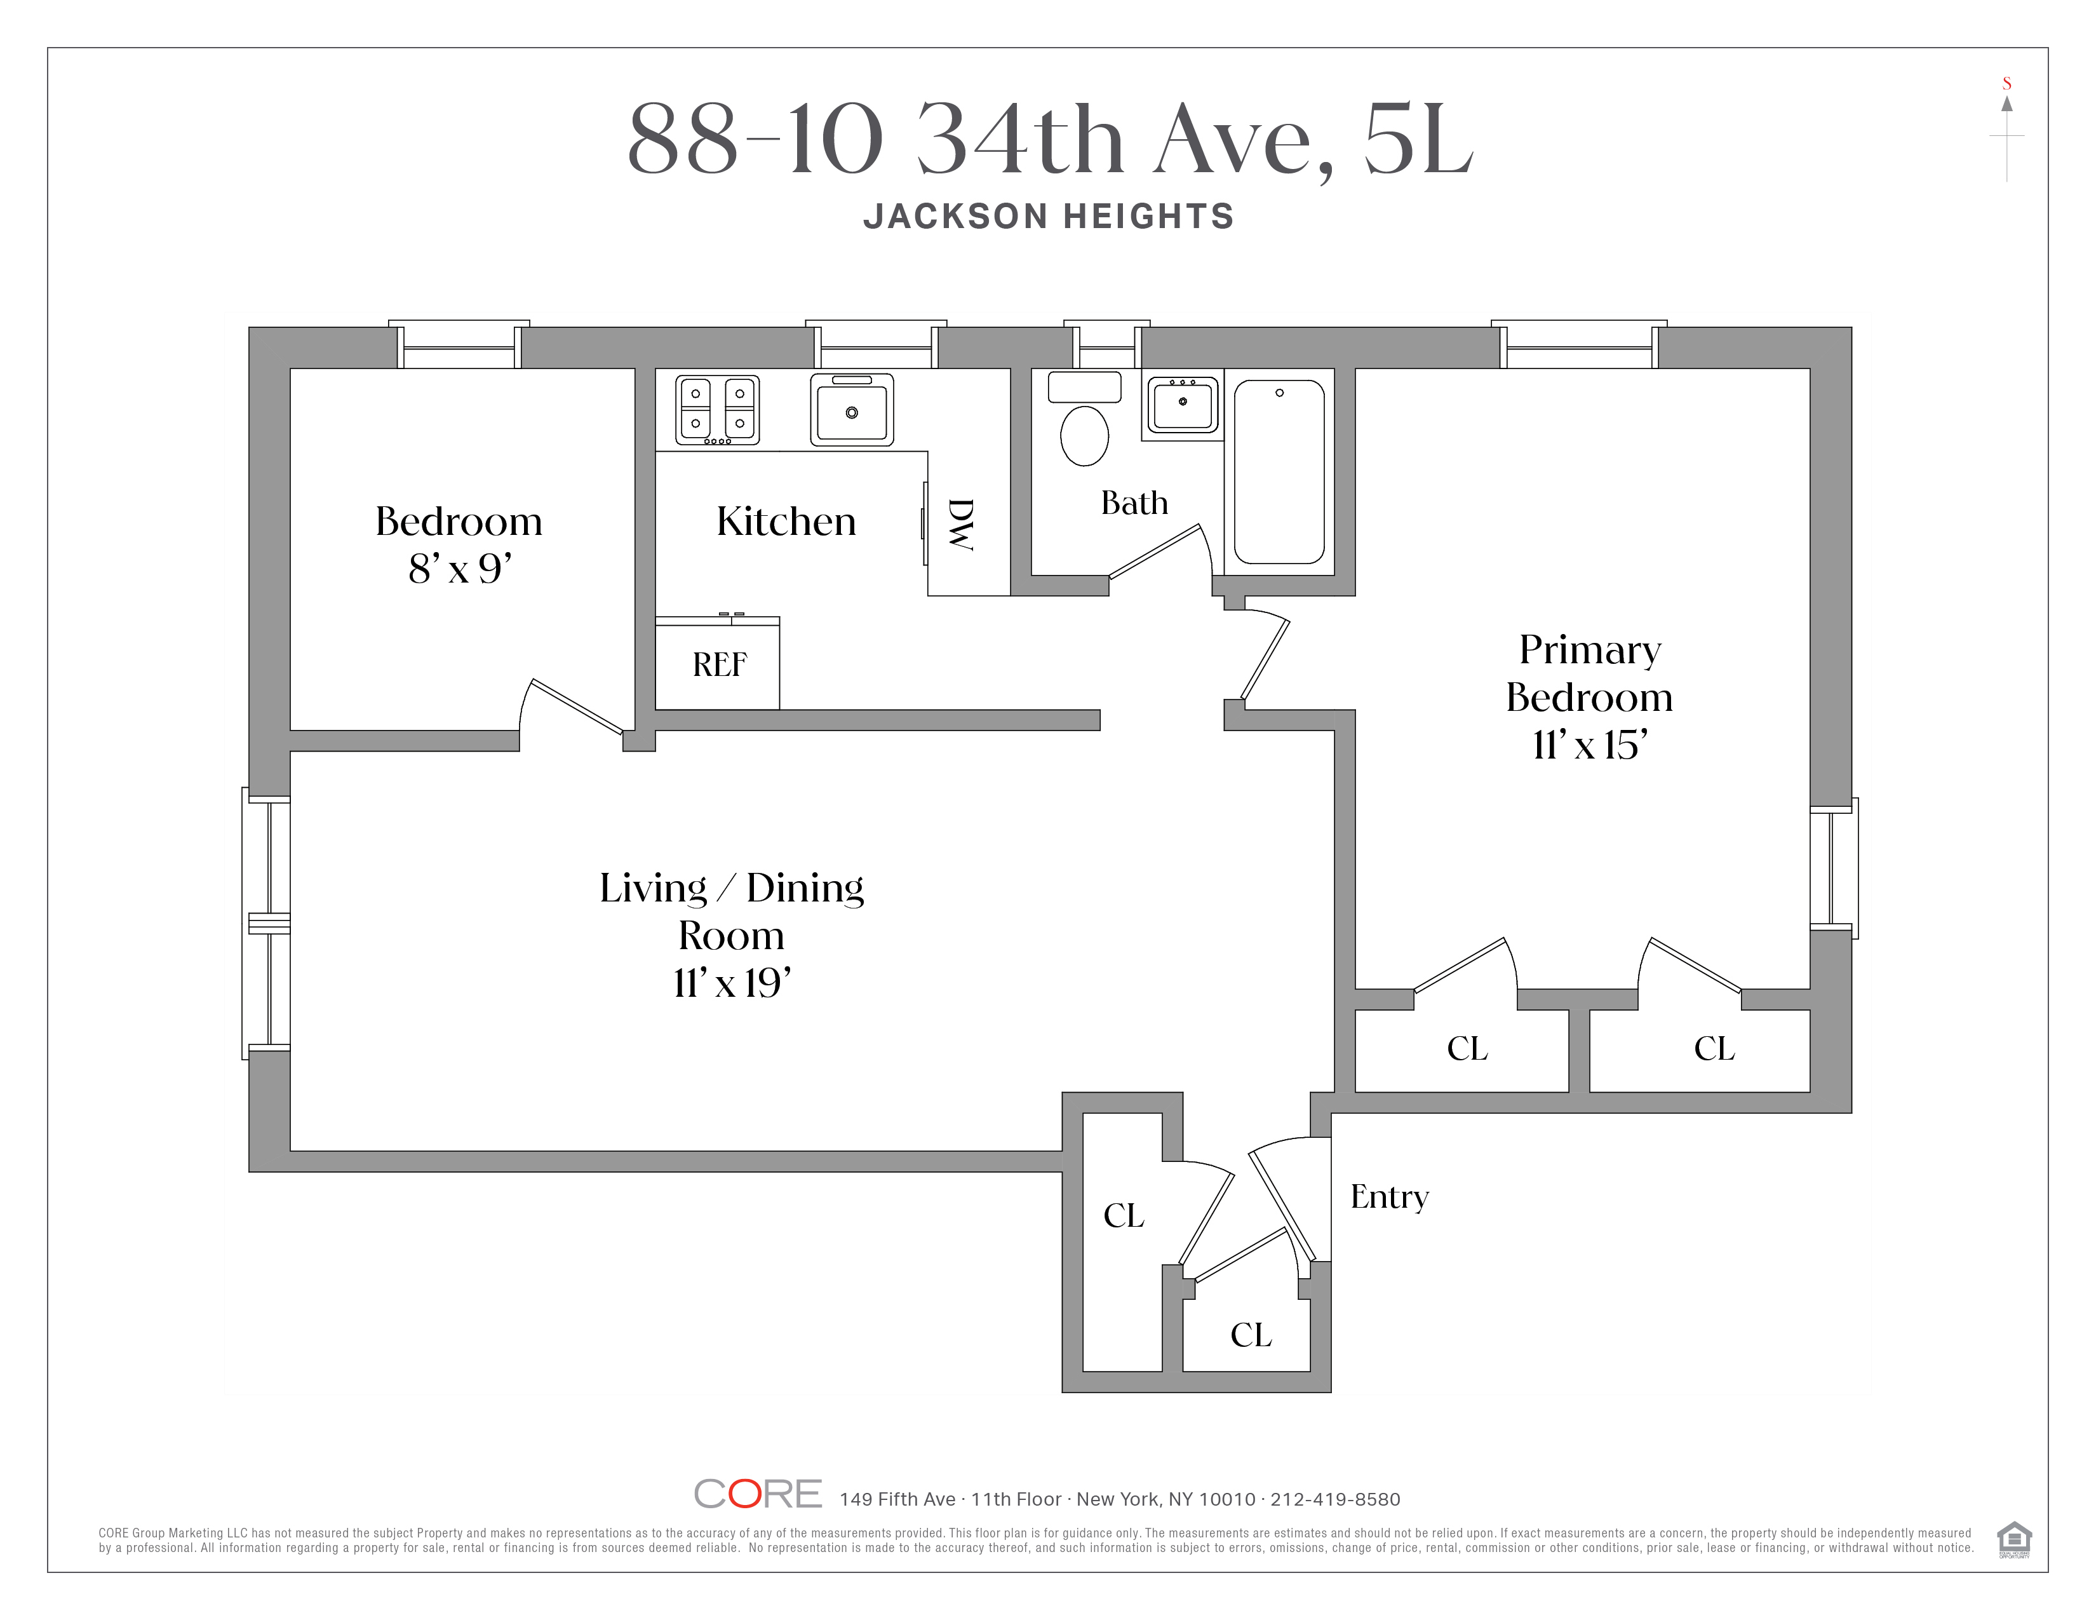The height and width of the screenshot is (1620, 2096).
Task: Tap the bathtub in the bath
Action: click(1279, 472)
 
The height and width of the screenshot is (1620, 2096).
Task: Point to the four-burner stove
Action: click(717, 410)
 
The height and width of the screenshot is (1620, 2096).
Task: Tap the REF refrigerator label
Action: click(719, 664)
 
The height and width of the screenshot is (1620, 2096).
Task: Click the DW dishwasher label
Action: click(960, 524)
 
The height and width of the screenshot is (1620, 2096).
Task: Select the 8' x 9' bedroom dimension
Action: click(460, 569)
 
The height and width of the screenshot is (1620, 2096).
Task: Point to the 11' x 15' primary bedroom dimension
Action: click(1589, 745)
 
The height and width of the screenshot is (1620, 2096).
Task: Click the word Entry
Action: click(1388, 1197)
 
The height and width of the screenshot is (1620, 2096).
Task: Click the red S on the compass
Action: click(2006, 83)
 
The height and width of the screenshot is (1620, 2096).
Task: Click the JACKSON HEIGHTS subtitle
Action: click(1048, 217)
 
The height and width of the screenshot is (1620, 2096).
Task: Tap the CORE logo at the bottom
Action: click(757, 1494)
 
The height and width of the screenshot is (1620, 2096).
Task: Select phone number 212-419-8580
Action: click(1335, 1499)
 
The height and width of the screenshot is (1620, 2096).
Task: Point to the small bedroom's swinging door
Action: click(576, 706)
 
